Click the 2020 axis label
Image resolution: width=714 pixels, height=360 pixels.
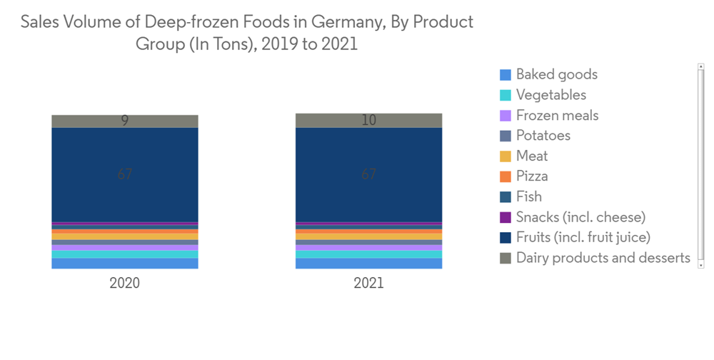click(x=124, y=283)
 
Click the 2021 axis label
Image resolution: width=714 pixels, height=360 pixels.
click(x=368, y=283)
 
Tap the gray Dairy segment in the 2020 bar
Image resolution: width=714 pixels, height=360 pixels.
click(x=86, y=121)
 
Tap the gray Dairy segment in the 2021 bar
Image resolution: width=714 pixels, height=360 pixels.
click(x=328, y=120)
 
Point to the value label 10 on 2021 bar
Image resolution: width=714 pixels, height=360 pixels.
click(x=368, y=120)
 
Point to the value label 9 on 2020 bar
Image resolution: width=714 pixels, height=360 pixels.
click(x=124, y=121)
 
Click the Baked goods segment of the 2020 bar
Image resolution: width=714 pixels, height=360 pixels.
click(x=124, y=264)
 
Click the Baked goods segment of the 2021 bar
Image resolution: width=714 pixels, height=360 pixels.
click(x=368, y=264)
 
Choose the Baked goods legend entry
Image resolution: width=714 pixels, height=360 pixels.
click(x=556, y=74)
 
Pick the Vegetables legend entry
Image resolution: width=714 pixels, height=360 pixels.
click(x=550, y=95)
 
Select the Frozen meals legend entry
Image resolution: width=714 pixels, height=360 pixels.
click(x=557, y=115)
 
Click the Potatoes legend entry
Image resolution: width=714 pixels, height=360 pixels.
click(x=543, y=136)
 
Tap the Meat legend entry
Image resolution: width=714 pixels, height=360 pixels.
click(x=532, y=156)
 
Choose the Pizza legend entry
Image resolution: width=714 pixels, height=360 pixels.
click(x=532, y=176)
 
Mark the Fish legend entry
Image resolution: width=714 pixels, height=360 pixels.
click(x=528, y=196)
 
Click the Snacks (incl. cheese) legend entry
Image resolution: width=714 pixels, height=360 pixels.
click(x=580, y=217)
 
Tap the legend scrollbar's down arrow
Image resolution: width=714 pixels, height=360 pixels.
click(x=701, y=264)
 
